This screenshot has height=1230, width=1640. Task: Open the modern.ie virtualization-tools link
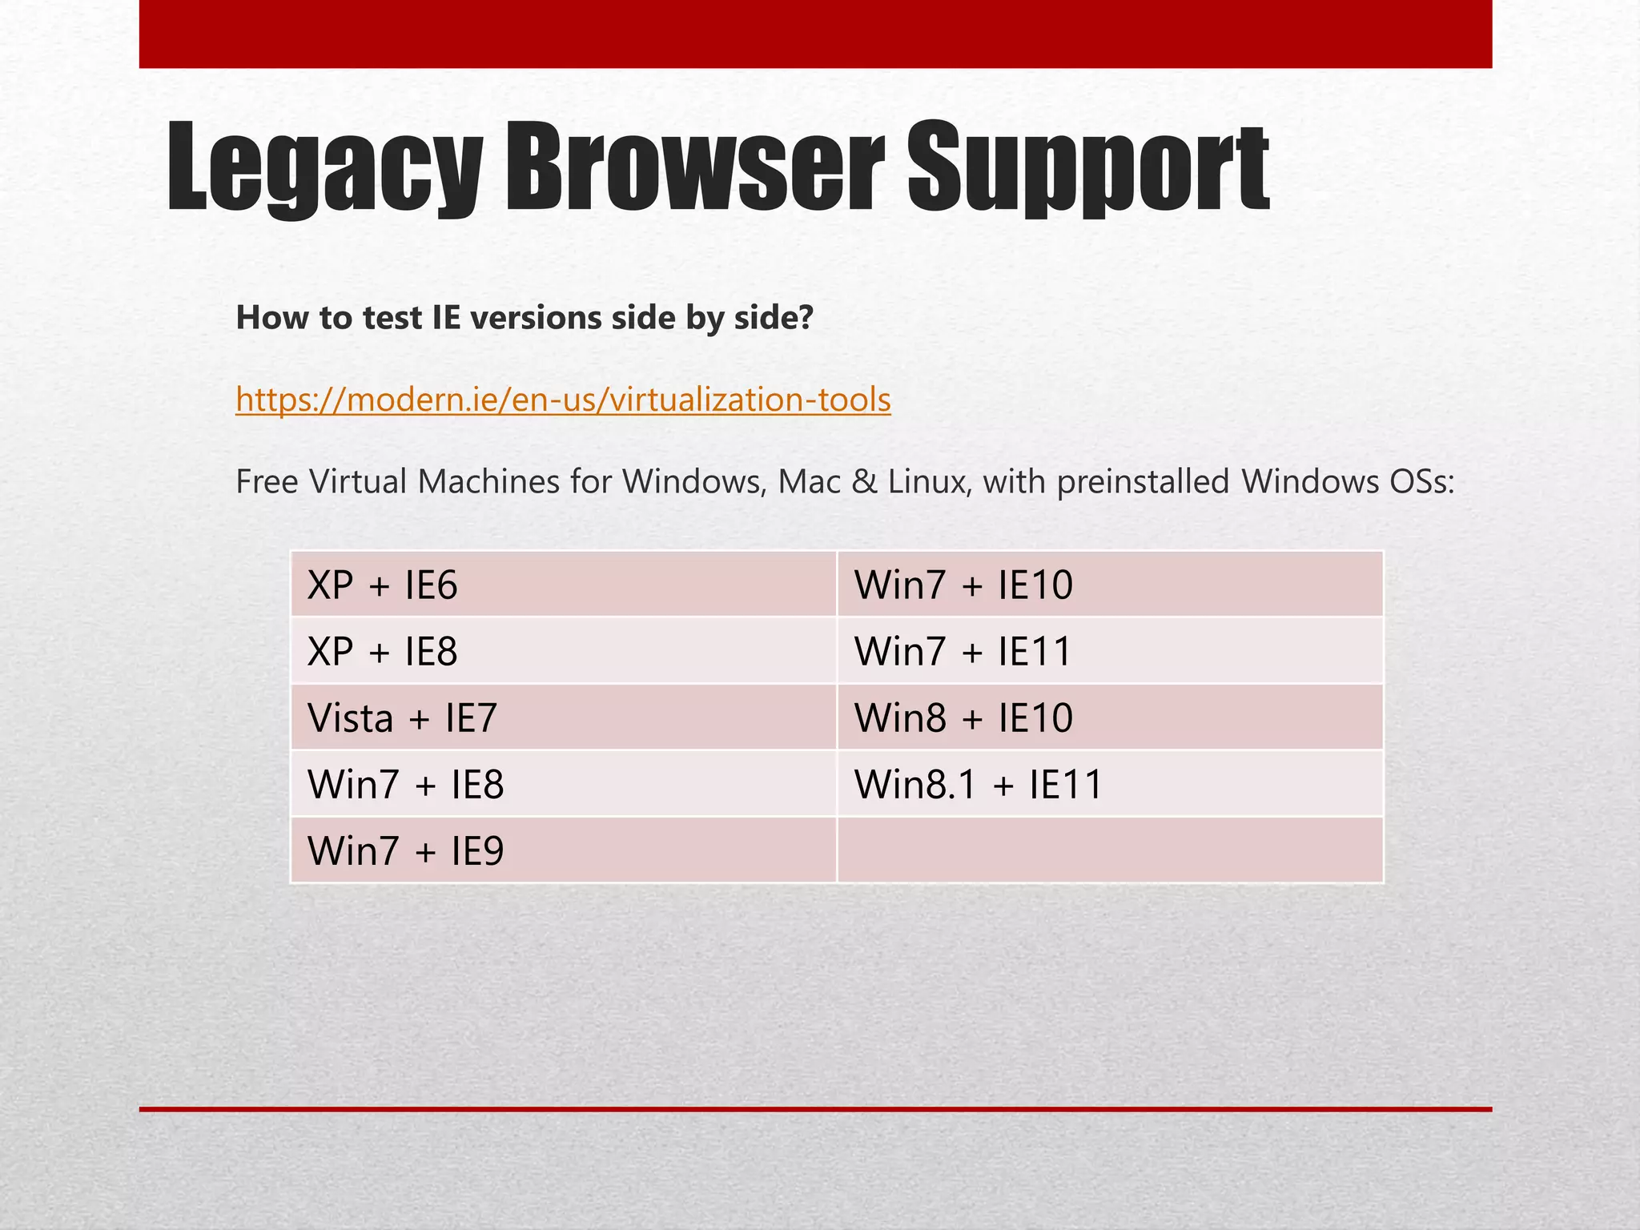tap(563, 399)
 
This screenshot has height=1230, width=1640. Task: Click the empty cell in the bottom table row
tap(1110, 850)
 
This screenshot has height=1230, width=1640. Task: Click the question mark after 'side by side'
tap(806, 318)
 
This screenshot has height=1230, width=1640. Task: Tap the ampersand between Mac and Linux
tap(864, 482)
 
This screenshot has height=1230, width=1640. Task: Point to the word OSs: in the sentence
tap(1417, 482)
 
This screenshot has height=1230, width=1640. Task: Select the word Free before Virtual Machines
tap(267, 482)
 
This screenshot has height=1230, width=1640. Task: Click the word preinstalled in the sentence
tap(1143, 482)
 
